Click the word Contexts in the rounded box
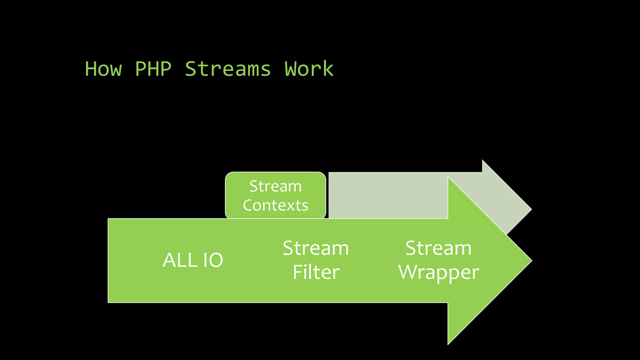(x=276, y=206)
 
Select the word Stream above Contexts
(x=276, y=187)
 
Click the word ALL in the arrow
(x=180, y=260)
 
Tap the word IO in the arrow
(x=213, y=260)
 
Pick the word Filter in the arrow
(x=316, y=272)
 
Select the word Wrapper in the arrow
(x=438, y=272)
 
